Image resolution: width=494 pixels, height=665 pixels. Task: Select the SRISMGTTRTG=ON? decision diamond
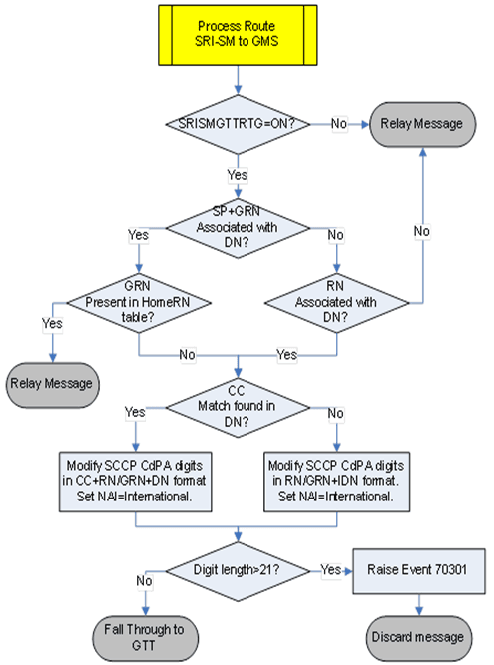tap(239, 125)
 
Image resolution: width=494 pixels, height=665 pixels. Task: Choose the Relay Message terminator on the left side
tap(52, 382)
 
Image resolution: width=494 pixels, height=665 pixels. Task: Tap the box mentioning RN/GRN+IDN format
tap(340, 482)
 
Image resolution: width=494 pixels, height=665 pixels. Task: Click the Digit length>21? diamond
tap(239, 569)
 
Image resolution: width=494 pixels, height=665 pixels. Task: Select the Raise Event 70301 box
tap(418, 569)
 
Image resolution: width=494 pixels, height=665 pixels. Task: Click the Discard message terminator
tap(418, 635)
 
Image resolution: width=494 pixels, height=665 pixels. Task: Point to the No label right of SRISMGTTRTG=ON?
tap(339, 124)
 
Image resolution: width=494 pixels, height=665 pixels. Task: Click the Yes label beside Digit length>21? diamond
tap(332, 568)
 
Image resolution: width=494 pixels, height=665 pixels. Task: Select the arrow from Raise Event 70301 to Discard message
tap(418, 601)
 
